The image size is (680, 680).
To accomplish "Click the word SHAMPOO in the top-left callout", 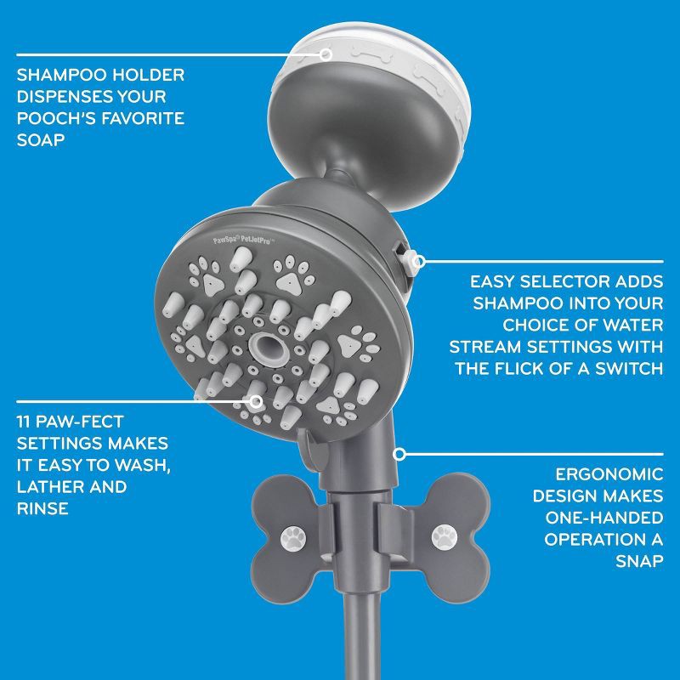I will tap(56, 76).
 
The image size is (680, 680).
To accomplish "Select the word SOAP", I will tap(40, 139).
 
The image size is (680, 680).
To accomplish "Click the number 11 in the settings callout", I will tap(25, 422).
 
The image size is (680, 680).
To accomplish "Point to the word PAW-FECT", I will tap(88, 422).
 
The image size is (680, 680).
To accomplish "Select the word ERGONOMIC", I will tap(609, 473).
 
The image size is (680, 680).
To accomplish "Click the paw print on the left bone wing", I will tap(295, 535).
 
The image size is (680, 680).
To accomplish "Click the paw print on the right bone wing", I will tap(443, 535).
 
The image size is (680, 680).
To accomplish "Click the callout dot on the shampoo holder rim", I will tap(326, 54).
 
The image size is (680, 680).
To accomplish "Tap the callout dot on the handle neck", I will tap(397, 454).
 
